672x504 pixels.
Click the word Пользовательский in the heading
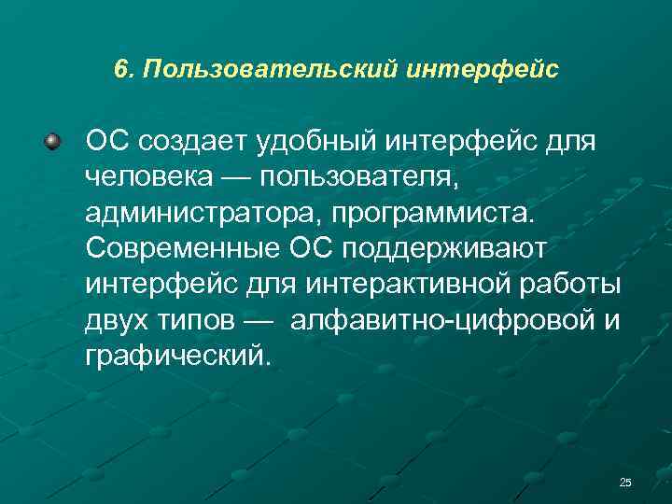270,70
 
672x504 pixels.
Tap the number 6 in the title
120,70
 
